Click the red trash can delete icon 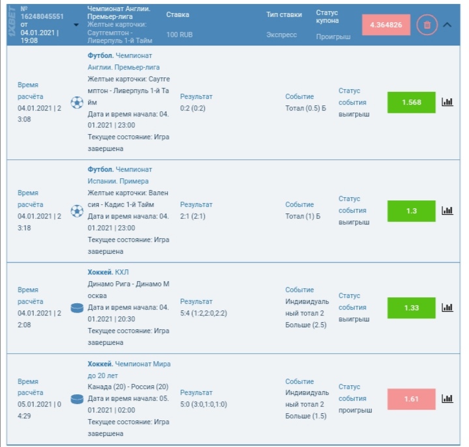427,25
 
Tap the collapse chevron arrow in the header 447,25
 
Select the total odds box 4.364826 386,25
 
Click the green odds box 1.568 411,102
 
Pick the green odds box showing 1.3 411,211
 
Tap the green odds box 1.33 411,308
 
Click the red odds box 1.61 411,399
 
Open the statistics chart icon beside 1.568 448,102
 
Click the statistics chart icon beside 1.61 448,398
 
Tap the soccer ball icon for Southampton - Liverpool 77,103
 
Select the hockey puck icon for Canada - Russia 77,399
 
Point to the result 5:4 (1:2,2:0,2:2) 203,313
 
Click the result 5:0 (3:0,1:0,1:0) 203,404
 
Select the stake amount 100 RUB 180,34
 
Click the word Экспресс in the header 281,35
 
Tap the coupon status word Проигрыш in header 334,36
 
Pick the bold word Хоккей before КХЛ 100,272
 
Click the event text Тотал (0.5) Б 306,108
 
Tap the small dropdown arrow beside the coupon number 76,25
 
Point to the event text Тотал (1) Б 303,216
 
